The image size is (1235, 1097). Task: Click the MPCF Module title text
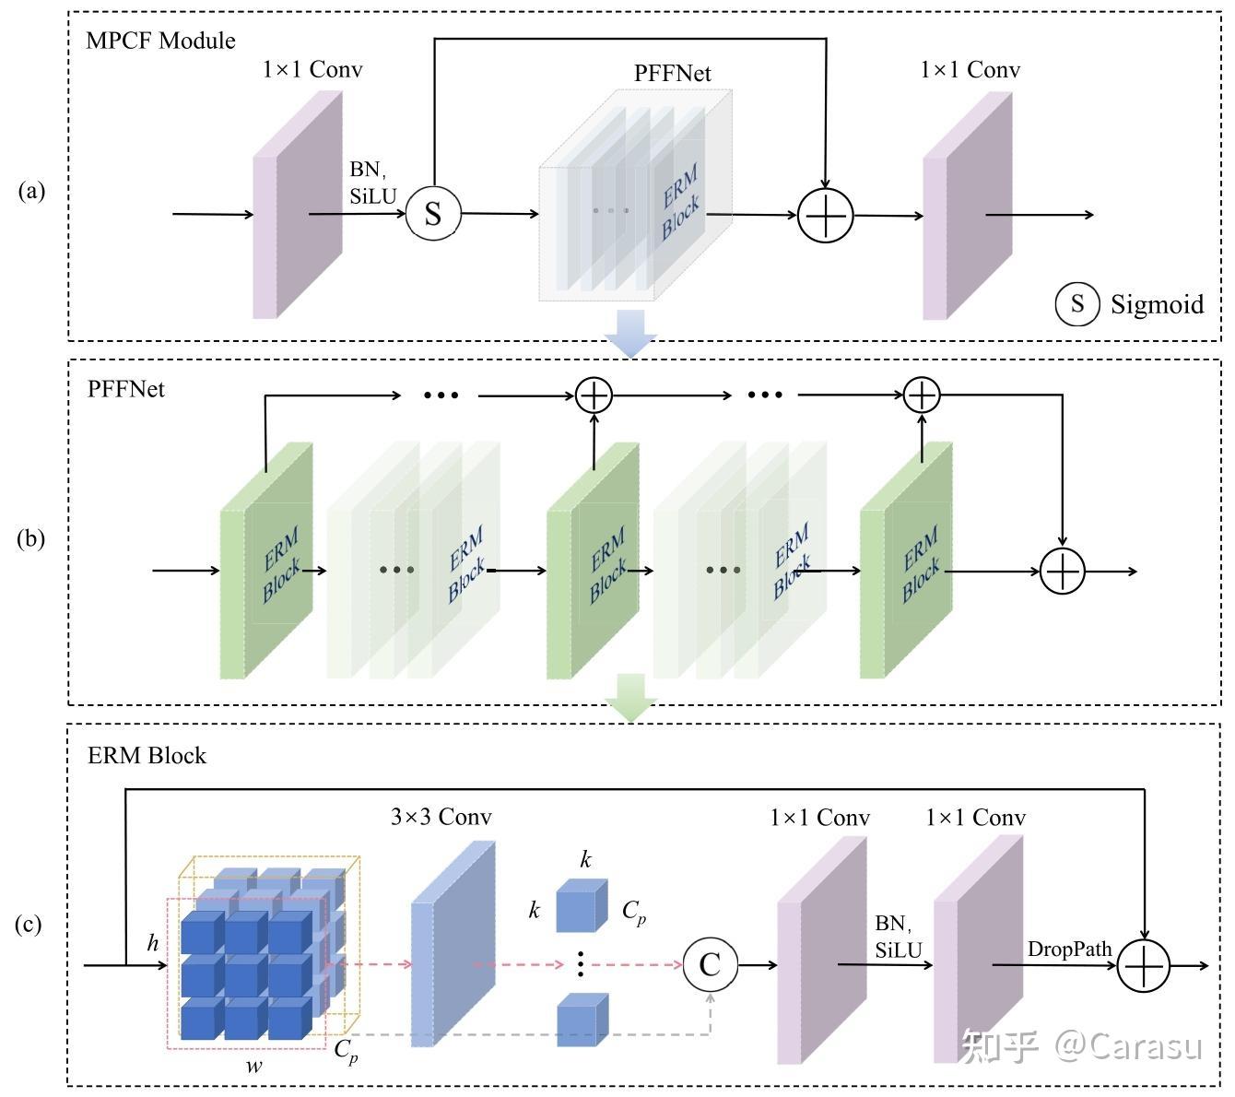click(x=160, y=41)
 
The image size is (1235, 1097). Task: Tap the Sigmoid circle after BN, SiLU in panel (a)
click(x=433, y=214)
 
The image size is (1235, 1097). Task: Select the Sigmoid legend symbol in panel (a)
click(x=1076, y=303)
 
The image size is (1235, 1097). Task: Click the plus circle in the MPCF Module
click(x=826, y=216)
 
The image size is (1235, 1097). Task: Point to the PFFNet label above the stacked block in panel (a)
click(x=672, y=74)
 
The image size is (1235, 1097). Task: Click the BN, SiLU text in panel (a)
click(x=371, y=183)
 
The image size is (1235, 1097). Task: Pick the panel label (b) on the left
click(x=30, y=538)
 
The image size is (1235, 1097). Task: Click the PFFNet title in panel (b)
click(x=126, y=389)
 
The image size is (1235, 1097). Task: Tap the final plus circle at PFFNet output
click(x=1063, y=571)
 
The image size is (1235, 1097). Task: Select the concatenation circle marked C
click(x=710, y=965)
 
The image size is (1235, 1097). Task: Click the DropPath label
click(x=1069, y=949)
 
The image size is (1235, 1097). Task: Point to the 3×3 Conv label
click(x=441, y=817)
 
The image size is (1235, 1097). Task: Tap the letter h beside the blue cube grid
click(x=153, y=943)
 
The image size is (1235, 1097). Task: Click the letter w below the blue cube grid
click(x=253, y=1067)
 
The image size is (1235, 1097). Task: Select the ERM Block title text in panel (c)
click(x=147, y=756)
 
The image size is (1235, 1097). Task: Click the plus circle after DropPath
click(x=1143, y=966)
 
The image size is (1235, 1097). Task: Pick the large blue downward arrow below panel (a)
click(x=630, y=333)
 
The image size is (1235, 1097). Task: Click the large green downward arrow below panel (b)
click(x=630, y=697)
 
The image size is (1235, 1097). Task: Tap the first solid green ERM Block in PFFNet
click(x=266, y=562)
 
